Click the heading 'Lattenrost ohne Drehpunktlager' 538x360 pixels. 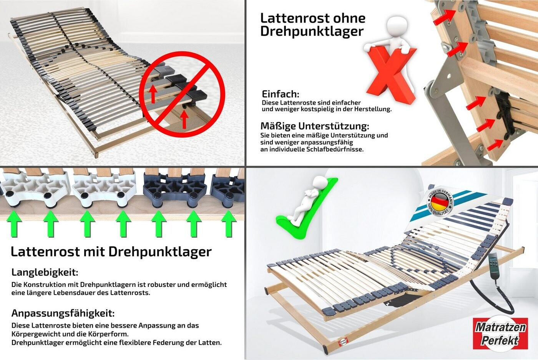312,24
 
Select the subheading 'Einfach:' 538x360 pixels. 280,94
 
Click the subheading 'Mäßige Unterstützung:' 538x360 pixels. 314,126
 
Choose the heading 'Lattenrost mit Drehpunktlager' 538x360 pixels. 111,252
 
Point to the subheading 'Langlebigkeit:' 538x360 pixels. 45,272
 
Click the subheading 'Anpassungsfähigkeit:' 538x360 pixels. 63,313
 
